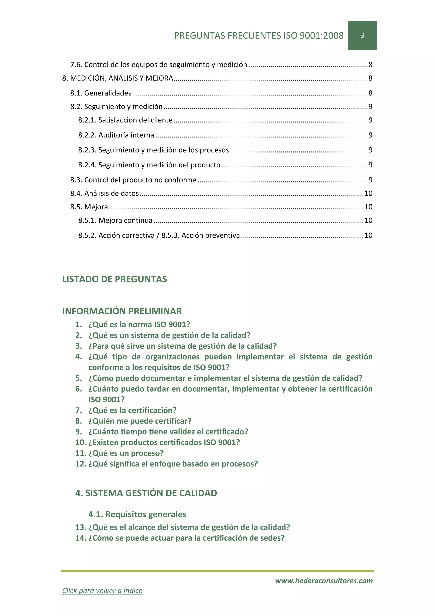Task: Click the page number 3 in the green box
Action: pyautogui.click(x=362, y=35)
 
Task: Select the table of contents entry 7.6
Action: pyautogui.click(x=159, y=65)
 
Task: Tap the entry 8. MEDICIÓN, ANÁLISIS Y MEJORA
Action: pyautogui.click(x=118, y=78)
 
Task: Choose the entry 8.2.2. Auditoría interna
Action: pyautogui.click(x=116, y=135)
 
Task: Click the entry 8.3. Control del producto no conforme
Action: pyautogui.click(x=133, y=180)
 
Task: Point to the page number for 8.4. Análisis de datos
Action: pyautogui.click(x=368, y=193)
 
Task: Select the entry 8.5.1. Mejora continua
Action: pyautogui.click(x=115, y=221)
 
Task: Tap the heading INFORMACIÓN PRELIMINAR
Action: pyautogui.click(x=122, y=311)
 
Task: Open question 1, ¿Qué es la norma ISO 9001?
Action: pyautogui.click(x=139, y=325)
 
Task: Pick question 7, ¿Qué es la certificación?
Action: pyautogui.click(x=132, y=410)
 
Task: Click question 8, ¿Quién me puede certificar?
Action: pyautogui.click(x=140, y=421)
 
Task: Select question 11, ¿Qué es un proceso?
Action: pyautogui.click(x=126, y=453)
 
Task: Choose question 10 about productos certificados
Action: pyautogui.click(x=164, y=442)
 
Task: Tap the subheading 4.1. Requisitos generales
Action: pyautogui.click(x=137, y=514)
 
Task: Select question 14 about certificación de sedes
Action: pyautogui.click(x=186, y=538)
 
